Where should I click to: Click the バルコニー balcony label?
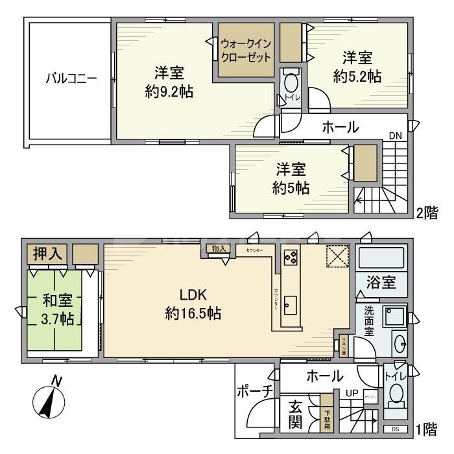71,79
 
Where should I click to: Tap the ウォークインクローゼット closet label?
246,50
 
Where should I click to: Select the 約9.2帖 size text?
169,91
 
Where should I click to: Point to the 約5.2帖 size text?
357,77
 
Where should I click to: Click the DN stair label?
395,136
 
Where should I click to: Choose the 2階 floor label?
426,212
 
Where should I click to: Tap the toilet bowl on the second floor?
291,84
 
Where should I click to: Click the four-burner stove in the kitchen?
290,257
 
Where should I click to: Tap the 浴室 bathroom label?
381,283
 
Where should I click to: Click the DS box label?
396,429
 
